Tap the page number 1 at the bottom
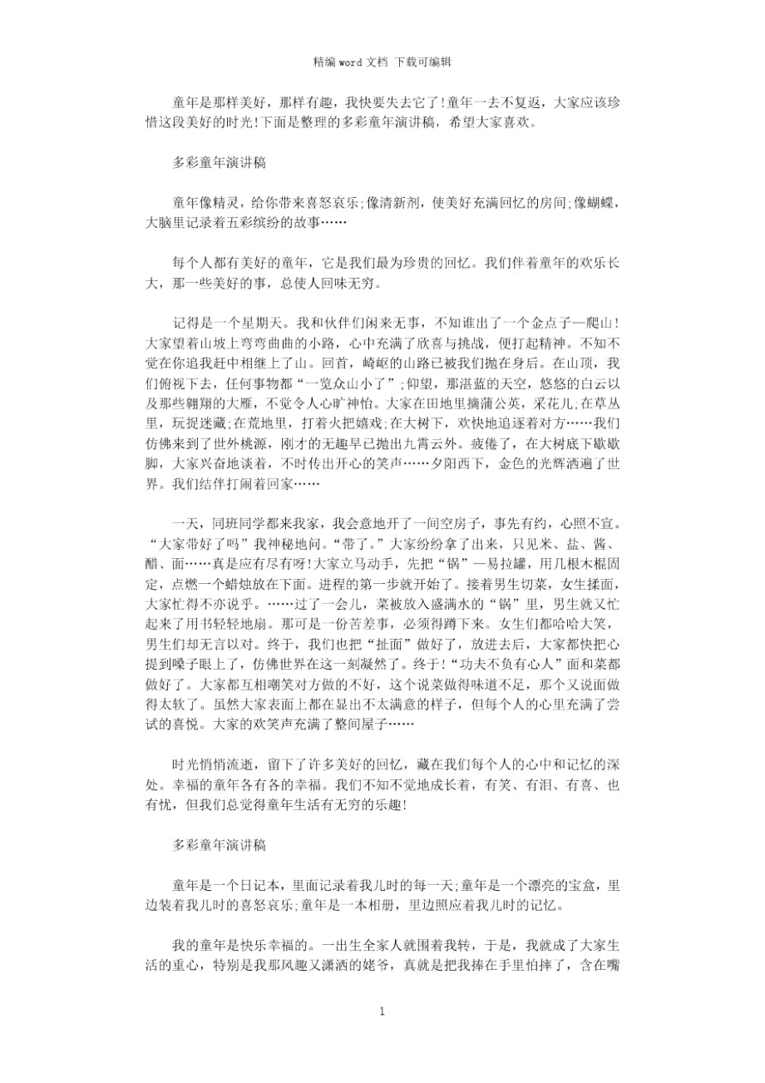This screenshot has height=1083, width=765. pyautogui.click(x=382, y=1011)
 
